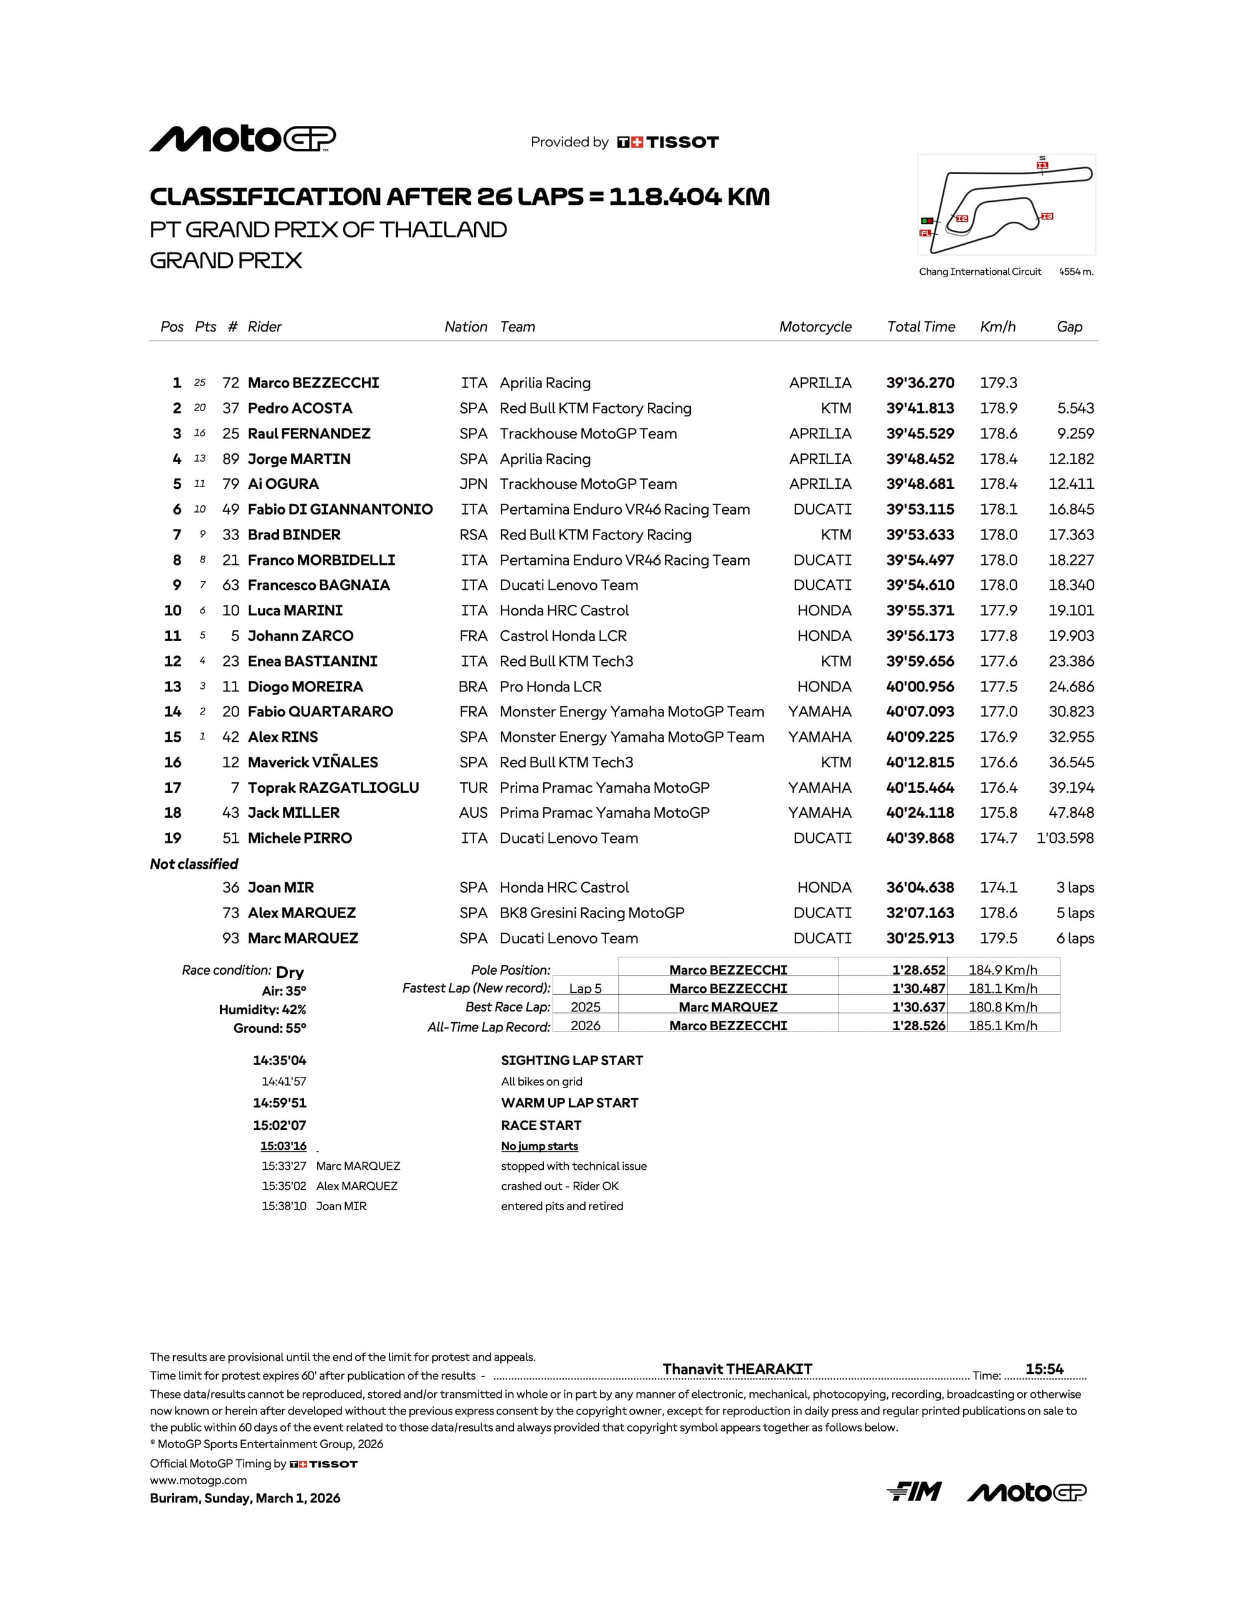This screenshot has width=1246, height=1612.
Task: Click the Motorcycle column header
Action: click(x=815, y=327)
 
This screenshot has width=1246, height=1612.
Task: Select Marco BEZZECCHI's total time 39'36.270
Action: click(x=920, y=383)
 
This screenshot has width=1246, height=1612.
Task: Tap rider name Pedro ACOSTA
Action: click(x=300, y=408)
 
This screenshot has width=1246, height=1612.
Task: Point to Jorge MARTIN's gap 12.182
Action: click(x=1071, y=459)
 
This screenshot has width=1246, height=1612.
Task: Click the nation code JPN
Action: click(x=473, y=484)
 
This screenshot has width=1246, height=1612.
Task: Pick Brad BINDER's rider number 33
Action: click(x=231, y=535)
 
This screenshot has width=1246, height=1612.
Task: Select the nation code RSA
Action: click(x=473, y=535)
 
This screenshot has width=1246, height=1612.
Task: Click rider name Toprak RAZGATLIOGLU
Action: click(x=333, y=787)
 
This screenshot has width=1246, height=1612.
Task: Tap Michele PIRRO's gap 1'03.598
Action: click(x=1065, y=838)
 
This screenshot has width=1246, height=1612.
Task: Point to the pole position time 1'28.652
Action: click(x=918, y=970)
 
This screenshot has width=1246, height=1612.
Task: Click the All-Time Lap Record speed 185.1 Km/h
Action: click(x=1002, y=1025)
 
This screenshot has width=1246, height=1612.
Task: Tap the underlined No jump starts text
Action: click(x=540, y=1146)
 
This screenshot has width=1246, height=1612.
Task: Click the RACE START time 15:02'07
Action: click(x=279, y=1126)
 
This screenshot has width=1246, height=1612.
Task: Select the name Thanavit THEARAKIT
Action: click(x=736, y=1369)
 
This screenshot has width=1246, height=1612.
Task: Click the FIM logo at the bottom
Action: click(x=914, y=1492)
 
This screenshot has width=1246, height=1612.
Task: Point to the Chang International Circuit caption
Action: click(x=979, y=272)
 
